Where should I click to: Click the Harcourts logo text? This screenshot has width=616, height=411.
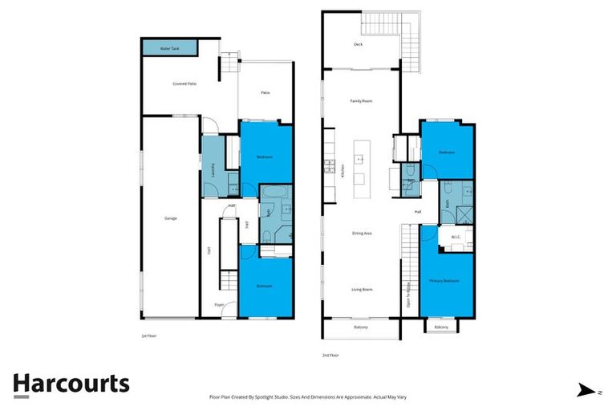coord(71,383)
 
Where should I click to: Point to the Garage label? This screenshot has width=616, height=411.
coord(170,218)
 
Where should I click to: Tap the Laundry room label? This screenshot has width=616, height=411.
coord(213,169)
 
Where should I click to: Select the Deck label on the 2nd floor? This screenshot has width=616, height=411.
coord(358,45)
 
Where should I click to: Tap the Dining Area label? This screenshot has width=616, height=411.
coord(362,234)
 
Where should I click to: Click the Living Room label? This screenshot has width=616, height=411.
coord(361,289)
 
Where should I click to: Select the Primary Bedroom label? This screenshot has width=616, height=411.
coord(444,281)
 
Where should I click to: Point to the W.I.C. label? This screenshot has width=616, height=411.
coord(455,237)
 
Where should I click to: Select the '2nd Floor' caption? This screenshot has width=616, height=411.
coord(330,353)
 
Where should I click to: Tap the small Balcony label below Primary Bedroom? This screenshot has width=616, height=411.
coord(441,327)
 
